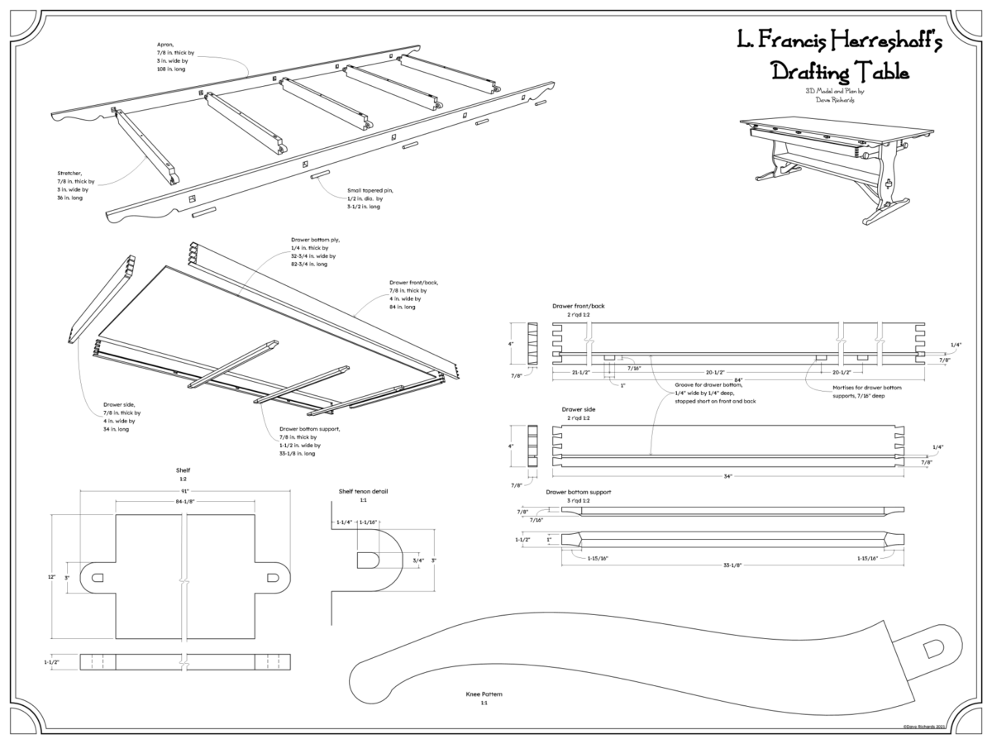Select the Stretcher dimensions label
pyautogui.click(x=76, y=185)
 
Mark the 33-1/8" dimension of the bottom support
pyautogui.click(x=732, y=565)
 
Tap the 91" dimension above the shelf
pyautogui.click(x=185, y=491)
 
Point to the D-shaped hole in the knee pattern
pyautogui.click(x=933, y=650)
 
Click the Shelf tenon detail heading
pyautogui.click(x=363, y=491)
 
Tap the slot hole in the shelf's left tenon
pyautogui.click(x=98, y=577)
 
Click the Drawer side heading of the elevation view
pyautogui.click(x=579, y=409)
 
